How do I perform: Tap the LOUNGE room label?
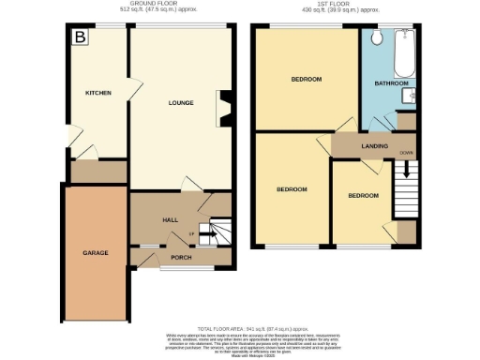click(x=180, y=102)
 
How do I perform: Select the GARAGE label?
click(x=95, y=253)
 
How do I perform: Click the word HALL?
click(x=171, y=219)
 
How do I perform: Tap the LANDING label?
click(x=361, y=147)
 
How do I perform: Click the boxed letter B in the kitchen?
click(x=80, y=37)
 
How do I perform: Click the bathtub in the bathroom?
click(x=405, y=54)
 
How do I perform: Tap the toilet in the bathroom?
click(x=375, y=37)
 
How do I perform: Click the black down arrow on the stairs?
click(x=406, y=171)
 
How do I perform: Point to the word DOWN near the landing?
click(x=405, y=151)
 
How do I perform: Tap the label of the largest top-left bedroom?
click(x=307, y=79)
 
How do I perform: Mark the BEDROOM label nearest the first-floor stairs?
click(x=363, y=195)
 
